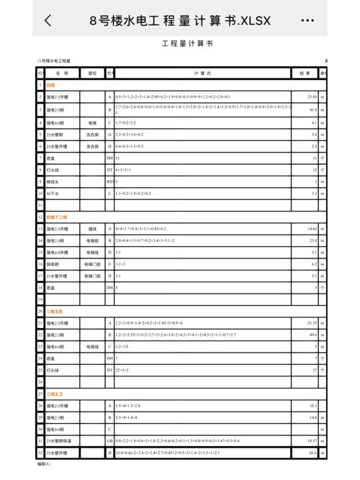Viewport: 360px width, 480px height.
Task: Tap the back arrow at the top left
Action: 48,21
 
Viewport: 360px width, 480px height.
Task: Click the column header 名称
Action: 62,73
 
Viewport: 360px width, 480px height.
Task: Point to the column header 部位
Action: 92,73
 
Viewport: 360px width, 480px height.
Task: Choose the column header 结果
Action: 305,73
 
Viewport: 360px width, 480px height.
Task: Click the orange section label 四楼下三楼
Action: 57,217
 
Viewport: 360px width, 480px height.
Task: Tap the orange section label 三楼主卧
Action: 55,312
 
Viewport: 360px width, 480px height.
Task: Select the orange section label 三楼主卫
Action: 55,395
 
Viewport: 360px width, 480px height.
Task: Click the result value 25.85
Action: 312,96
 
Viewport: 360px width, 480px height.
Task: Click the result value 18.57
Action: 312,440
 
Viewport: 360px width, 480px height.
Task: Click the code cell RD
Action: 110,182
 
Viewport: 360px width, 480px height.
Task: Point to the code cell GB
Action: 110,440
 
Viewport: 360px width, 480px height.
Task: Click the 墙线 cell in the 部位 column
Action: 92,229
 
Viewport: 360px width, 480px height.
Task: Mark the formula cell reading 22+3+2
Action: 122,370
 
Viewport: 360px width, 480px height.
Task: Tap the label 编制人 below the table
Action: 45,465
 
